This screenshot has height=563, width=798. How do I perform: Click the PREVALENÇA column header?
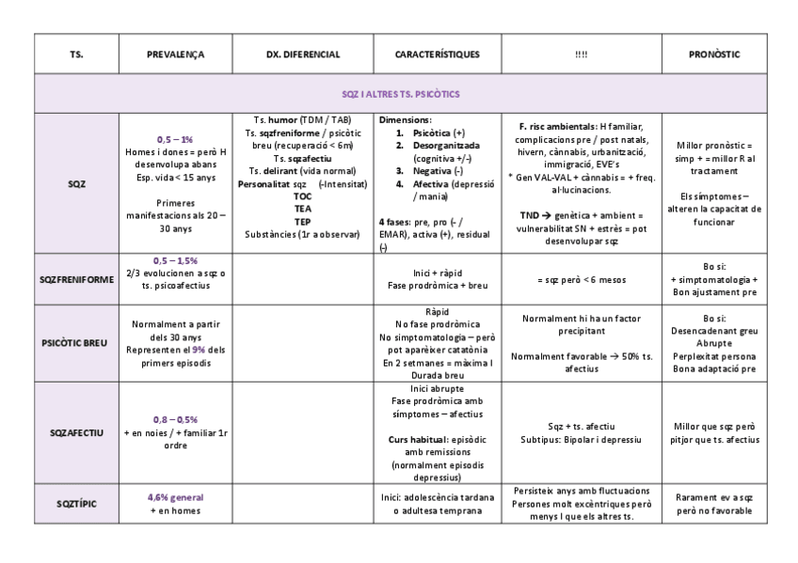coord(175,55)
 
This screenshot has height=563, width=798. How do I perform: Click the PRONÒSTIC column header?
coord(714,55)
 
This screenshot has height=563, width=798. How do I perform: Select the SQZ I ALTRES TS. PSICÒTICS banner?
coord(399,94)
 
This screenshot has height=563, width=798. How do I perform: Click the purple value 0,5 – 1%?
coord(175,139)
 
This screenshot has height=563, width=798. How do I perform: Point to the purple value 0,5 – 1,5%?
coord(175,259)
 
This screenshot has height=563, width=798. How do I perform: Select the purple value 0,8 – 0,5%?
coord(175,419)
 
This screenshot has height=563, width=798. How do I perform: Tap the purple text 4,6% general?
coord(175,497)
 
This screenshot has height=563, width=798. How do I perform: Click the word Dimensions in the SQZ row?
coord(406,121)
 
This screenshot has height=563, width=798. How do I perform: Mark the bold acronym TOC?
coord(303,195)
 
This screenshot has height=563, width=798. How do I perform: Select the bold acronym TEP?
coord(303,221)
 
